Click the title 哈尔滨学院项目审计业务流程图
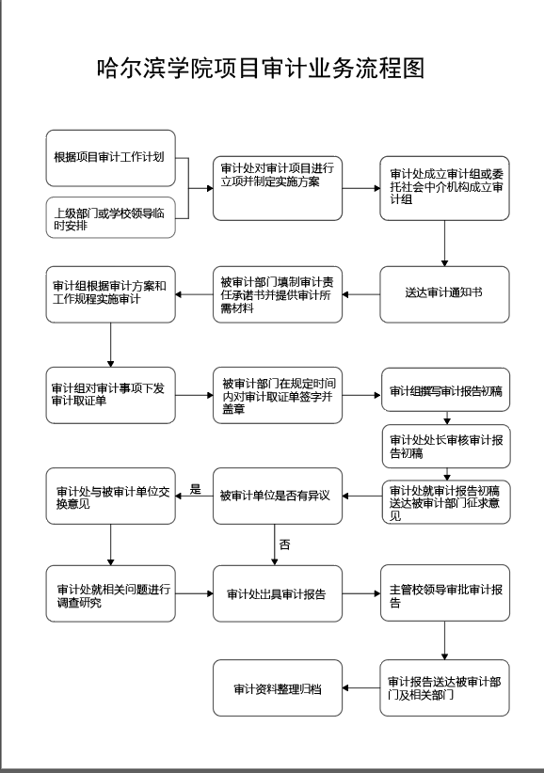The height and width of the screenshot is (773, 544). (261, 68)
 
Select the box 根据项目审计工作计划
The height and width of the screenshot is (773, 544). (110, 158)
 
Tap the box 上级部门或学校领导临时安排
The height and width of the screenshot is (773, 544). (110, 217)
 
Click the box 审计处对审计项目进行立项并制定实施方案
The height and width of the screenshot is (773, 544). (278, 188)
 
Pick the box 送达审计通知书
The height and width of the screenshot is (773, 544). (444, 294)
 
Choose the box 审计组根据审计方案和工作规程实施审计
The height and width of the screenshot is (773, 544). (110, 294)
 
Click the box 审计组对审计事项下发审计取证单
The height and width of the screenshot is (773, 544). (110, 395)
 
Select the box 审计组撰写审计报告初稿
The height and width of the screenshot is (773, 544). (445, 389)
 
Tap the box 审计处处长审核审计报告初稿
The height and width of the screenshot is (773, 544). (446, 446)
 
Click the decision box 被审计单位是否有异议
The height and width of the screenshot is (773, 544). (278, 496)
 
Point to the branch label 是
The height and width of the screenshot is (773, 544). (196, 490)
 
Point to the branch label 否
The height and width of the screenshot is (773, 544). (284, 544)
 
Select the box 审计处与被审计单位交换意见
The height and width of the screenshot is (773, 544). (110, 496)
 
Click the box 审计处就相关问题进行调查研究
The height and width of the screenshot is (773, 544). (110, 593)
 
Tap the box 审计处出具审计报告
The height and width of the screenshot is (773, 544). (278, 593)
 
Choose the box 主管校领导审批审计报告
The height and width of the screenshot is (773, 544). (445, 593)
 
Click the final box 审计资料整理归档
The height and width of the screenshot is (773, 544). (278, 687)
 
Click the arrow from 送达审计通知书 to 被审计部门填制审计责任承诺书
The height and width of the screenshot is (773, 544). (361, 294)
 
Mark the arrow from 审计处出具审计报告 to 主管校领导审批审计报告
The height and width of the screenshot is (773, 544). (361, 593)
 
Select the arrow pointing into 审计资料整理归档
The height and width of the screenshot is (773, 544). (361, 687)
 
